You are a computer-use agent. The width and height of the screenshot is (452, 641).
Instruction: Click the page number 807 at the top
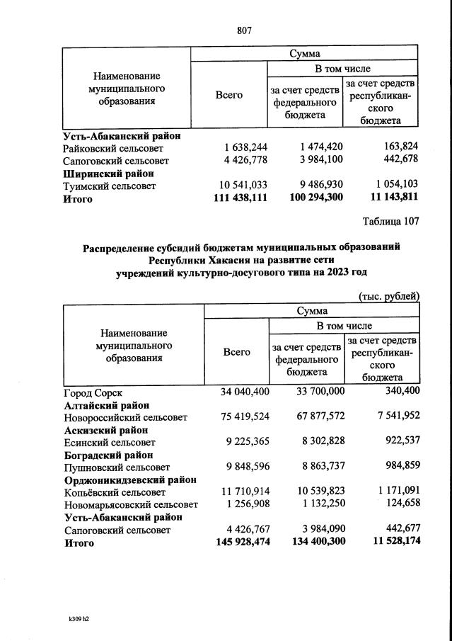pos(244,30)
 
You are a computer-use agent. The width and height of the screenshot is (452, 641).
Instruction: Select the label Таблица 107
pos(390,221)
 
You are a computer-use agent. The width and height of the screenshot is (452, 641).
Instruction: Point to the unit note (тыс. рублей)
pos(389,296)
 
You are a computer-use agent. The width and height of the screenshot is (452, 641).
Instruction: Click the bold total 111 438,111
pos(240,199)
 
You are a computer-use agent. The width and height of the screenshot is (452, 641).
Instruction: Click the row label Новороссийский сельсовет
pos(125,418)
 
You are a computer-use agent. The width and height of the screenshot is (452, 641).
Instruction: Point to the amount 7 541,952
pos(393,418)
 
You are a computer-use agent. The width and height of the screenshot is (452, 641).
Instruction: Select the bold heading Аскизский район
pos(105,430)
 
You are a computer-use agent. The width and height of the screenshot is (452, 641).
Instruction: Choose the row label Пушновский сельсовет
pos(117,467)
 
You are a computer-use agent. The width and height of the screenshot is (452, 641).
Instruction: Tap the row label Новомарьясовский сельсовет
pos(131,505)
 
